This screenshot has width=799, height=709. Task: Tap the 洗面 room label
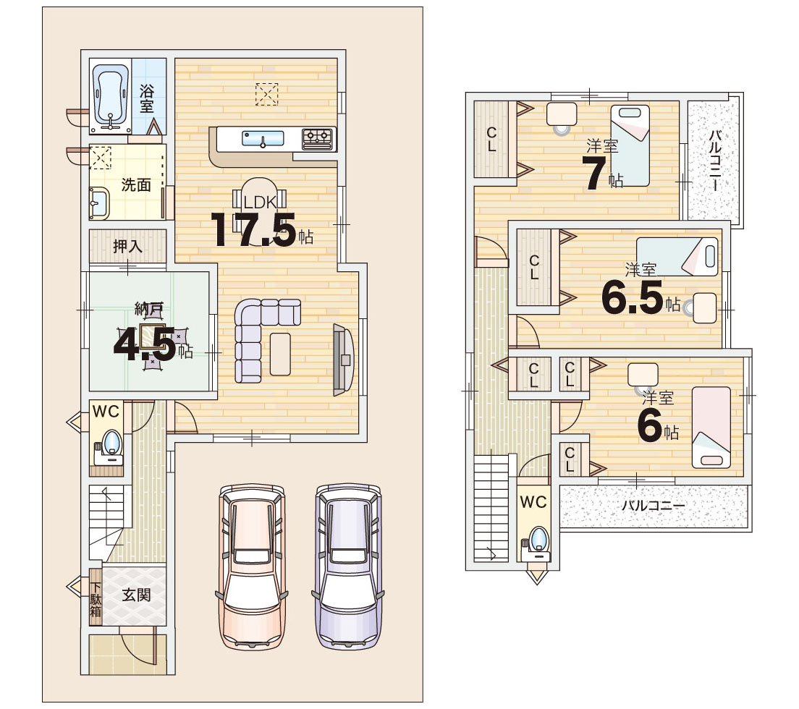pyautogui.click(x=136, y=185)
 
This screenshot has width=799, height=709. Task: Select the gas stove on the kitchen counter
pyautogui.click(x=318, y=138)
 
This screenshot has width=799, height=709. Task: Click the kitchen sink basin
pyautogui.click(x=263, y=138)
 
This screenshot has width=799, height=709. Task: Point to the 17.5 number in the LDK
pyautogui.click(x=254, y=230)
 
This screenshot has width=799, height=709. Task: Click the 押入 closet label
pyautogui.click(x=127, y=247)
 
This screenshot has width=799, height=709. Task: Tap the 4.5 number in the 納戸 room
pyautogui.click(x=145, y=344)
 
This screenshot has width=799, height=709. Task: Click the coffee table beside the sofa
pyautogui.click(x=280, y=354)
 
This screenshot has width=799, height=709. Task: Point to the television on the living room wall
pyautogui.click(x=343, y=360)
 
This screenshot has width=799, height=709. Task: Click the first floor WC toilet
pyautogui.click(x=109, y=446)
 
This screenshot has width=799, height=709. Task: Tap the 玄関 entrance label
pyautogui.click(x=136, y=595)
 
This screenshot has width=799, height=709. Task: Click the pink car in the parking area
pyautogui.click(x=252, y=566)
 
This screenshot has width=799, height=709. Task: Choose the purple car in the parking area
pyautogui.click(x=348, y=566)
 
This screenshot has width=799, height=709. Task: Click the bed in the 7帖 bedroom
pyautogui.click(x=630, y=145)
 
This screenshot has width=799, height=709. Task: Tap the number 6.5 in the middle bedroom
pyautogui.click(x=633, y=297)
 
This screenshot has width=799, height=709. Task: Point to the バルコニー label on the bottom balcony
pyautogui.click(x=654, y=506)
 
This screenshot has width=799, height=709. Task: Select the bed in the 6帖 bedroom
pyautogui.click(x=711, y=428)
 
